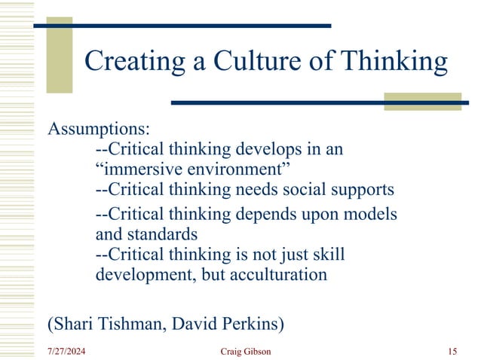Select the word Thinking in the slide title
point(391,61)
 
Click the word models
point(370,215)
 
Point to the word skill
point(327,255)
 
